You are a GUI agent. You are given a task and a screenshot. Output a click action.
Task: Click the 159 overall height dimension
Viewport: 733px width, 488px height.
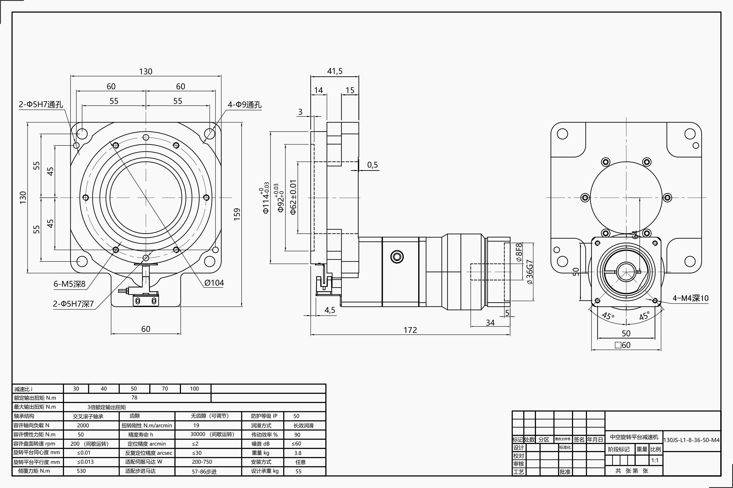[x=237, y=214]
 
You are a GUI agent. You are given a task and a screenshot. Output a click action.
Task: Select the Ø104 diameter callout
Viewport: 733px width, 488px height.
[x=214, y=283]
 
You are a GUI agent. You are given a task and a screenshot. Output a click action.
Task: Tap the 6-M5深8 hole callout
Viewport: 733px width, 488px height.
[x=69, y=284]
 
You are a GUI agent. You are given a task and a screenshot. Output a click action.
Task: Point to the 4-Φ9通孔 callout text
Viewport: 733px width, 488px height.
[x=244, y=105]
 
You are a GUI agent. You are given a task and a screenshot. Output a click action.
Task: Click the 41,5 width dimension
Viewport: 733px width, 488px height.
[x=335, y=71]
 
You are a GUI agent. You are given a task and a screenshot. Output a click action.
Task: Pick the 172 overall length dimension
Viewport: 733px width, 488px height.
[x=410, y=330]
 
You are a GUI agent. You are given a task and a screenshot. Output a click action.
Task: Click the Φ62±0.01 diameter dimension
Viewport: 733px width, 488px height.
[x=293, y=197]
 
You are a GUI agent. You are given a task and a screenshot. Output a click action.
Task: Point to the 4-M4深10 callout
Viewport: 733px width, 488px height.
[x=690, y=298]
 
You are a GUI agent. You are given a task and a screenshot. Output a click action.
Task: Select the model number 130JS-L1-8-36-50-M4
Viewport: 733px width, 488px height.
[x=691, y=440]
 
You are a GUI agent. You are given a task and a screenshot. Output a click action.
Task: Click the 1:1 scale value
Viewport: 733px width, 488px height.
[x=655, y=460]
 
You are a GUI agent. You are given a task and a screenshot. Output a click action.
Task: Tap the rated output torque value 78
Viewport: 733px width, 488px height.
[x=134, y=397]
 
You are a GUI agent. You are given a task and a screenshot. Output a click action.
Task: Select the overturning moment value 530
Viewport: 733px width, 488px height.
[x=81, y=471]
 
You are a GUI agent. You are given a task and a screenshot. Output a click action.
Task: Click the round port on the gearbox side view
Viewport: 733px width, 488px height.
[x=397, y=257]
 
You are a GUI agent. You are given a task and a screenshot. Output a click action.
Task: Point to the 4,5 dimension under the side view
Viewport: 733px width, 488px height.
[x=330, y=310]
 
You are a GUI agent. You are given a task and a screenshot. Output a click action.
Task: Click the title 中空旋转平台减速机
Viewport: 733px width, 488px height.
[x=634, y=437]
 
